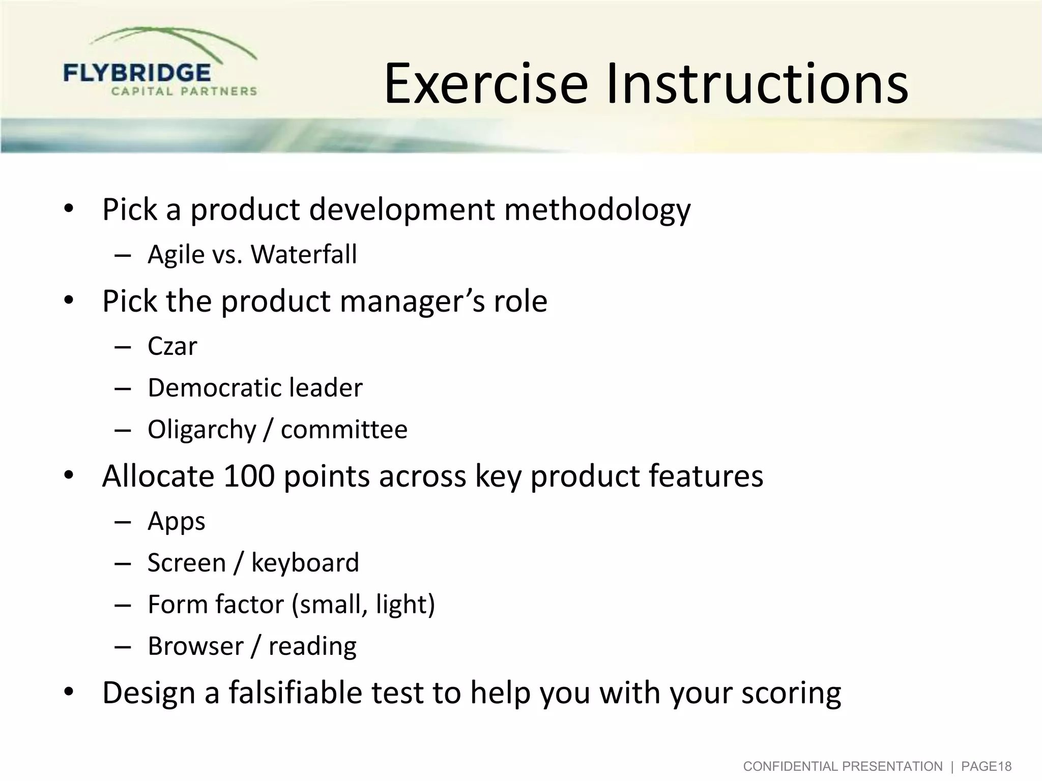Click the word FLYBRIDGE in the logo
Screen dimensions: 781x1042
coord(137,73)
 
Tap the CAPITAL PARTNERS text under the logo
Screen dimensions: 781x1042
coord(184,92)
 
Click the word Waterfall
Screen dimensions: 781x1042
coord(304,254)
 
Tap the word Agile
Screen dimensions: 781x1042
coord(176,255)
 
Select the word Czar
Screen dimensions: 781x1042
coord(172,347)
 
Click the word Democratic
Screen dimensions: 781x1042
coord(214,388)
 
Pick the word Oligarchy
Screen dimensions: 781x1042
coord(202,430)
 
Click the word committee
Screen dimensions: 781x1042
coord(344,430)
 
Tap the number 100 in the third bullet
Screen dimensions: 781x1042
coord(249,476)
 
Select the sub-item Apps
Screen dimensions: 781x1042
coord(176,522)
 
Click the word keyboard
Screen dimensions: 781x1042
coord(305,563)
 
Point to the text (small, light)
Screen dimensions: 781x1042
coord(363,605)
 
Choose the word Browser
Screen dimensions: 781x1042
coord(195,646)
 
